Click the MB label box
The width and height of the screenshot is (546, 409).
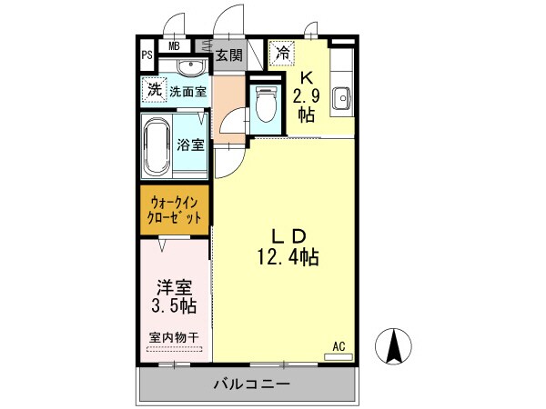point(174,45)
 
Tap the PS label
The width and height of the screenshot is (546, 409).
point(147,55)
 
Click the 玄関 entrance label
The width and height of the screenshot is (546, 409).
point(228,55)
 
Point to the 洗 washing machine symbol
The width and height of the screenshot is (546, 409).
point(154,89)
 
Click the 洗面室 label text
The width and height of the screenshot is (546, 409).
point(187,91)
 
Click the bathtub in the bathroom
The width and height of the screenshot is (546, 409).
point(157,145)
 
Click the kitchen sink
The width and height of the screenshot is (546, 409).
point(342,95)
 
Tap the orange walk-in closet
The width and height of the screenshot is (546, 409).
point(176,211)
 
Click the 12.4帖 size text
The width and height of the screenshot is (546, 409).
point(287,258)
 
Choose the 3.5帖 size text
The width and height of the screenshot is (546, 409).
point(175,304)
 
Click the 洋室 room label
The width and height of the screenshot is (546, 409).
point(175,284)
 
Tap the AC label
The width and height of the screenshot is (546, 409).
point(339,345)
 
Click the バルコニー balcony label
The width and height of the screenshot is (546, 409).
point(251,385)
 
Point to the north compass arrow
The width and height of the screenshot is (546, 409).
point(394,346)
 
